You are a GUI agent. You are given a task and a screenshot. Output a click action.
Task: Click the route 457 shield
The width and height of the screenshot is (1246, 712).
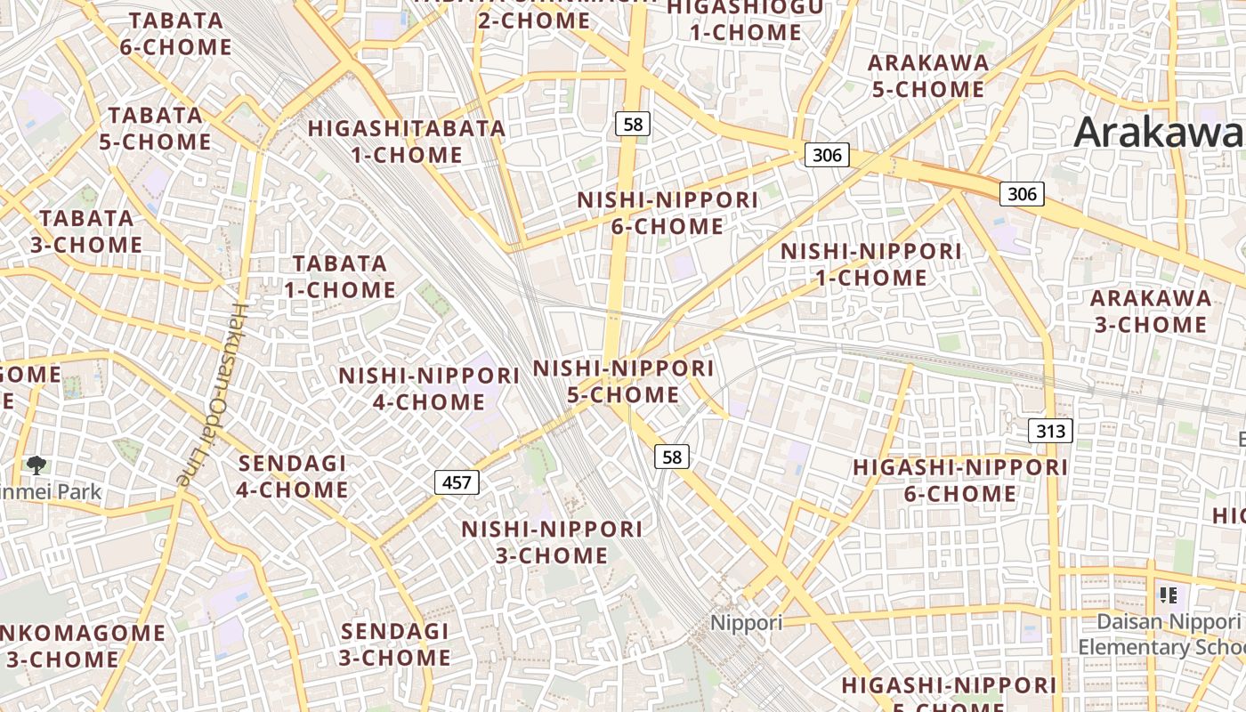(457, 482)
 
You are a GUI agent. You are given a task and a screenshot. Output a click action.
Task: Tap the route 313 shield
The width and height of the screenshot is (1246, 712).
(1050, 432)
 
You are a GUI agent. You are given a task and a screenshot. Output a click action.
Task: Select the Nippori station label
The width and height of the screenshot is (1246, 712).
(746, 622)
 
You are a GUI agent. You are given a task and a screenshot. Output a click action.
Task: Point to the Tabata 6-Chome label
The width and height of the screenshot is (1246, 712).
(175, 34)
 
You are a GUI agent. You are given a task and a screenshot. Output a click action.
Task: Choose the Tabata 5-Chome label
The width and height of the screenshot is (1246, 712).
(155, 128)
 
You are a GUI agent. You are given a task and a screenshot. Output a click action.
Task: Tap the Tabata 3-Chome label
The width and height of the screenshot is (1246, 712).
(86, 231)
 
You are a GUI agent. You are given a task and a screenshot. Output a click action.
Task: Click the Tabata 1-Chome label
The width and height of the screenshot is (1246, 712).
(340, 276)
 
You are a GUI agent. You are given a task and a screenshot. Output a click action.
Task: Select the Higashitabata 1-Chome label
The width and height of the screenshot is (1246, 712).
(407, 141)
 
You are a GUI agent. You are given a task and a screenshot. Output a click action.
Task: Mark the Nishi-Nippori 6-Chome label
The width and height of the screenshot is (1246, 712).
(667, 213)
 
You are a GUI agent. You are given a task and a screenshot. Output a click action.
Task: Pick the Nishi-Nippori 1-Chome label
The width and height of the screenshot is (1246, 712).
(870, 264)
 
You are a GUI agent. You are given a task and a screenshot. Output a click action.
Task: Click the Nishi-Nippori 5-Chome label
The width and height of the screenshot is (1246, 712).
(623, 381)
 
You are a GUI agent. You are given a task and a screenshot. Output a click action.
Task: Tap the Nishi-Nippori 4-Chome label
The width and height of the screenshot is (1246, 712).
(429, 388)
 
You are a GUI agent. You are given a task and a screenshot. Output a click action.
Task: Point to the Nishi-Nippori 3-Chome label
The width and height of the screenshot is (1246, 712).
(552, 542)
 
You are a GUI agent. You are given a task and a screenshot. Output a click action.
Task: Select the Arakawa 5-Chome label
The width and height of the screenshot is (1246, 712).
(927, 76)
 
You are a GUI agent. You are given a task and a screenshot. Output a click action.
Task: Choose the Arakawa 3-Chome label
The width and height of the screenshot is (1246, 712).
(1150, 311)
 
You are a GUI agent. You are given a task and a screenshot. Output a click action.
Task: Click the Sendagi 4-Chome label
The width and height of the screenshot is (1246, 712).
(292, 476)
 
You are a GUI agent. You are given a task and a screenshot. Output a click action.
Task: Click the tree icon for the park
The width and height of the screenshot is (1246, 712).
(36, 465)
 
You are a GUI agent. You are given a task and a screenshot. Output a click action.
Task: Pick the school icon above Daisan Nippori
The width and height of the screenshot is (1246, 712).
(1169, 595)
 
